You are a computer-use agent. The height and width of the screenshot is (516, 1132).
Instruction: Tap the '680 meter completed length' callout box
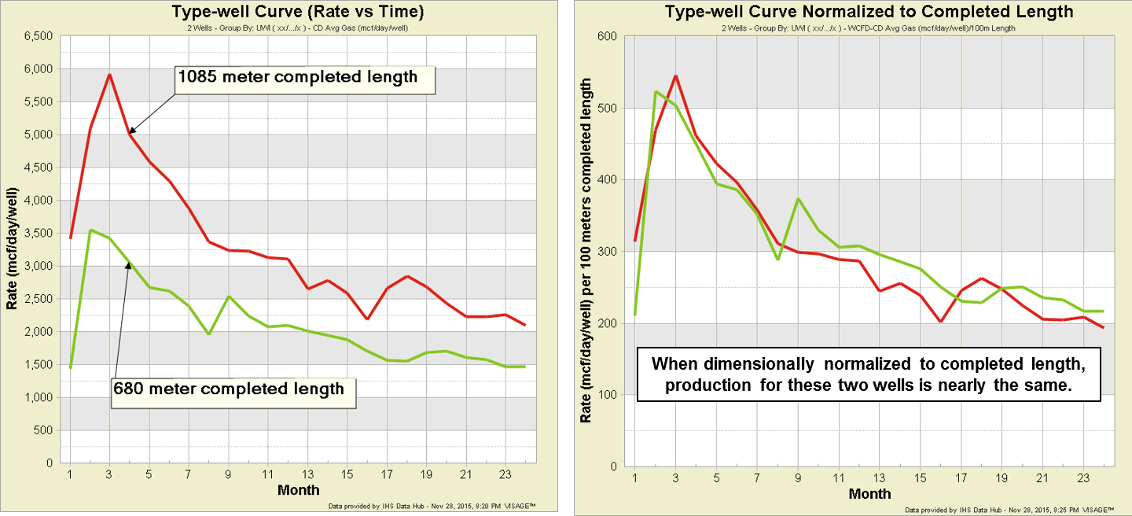coord(233,389)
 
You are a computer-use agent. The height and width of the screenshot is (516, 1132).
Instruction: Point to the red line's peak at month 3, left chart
coord(110,75)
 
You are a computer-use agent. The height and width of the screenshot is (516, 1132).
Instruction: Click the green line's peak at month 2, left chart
coord(90,230)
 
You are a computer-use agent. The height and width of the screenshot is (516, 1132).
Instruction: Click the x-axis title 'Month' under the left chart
coord(299,490)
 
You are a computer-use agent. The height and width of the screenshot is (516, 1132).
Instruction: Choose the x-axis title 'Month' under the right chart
coord(870,493)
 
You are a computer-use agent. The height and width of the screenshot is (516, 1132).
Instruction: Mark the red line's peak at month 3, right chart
coord(675,76)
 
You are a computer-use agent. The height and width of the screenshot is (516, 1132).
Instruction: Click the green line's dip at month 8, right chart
coord(777,259)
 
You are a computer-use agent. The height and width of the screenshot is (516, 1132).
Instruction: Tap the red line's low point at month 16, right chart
coord(940,322)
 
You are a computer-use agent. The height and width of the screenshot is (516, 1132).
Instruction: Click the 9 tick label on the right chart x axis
coord(798,478)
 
